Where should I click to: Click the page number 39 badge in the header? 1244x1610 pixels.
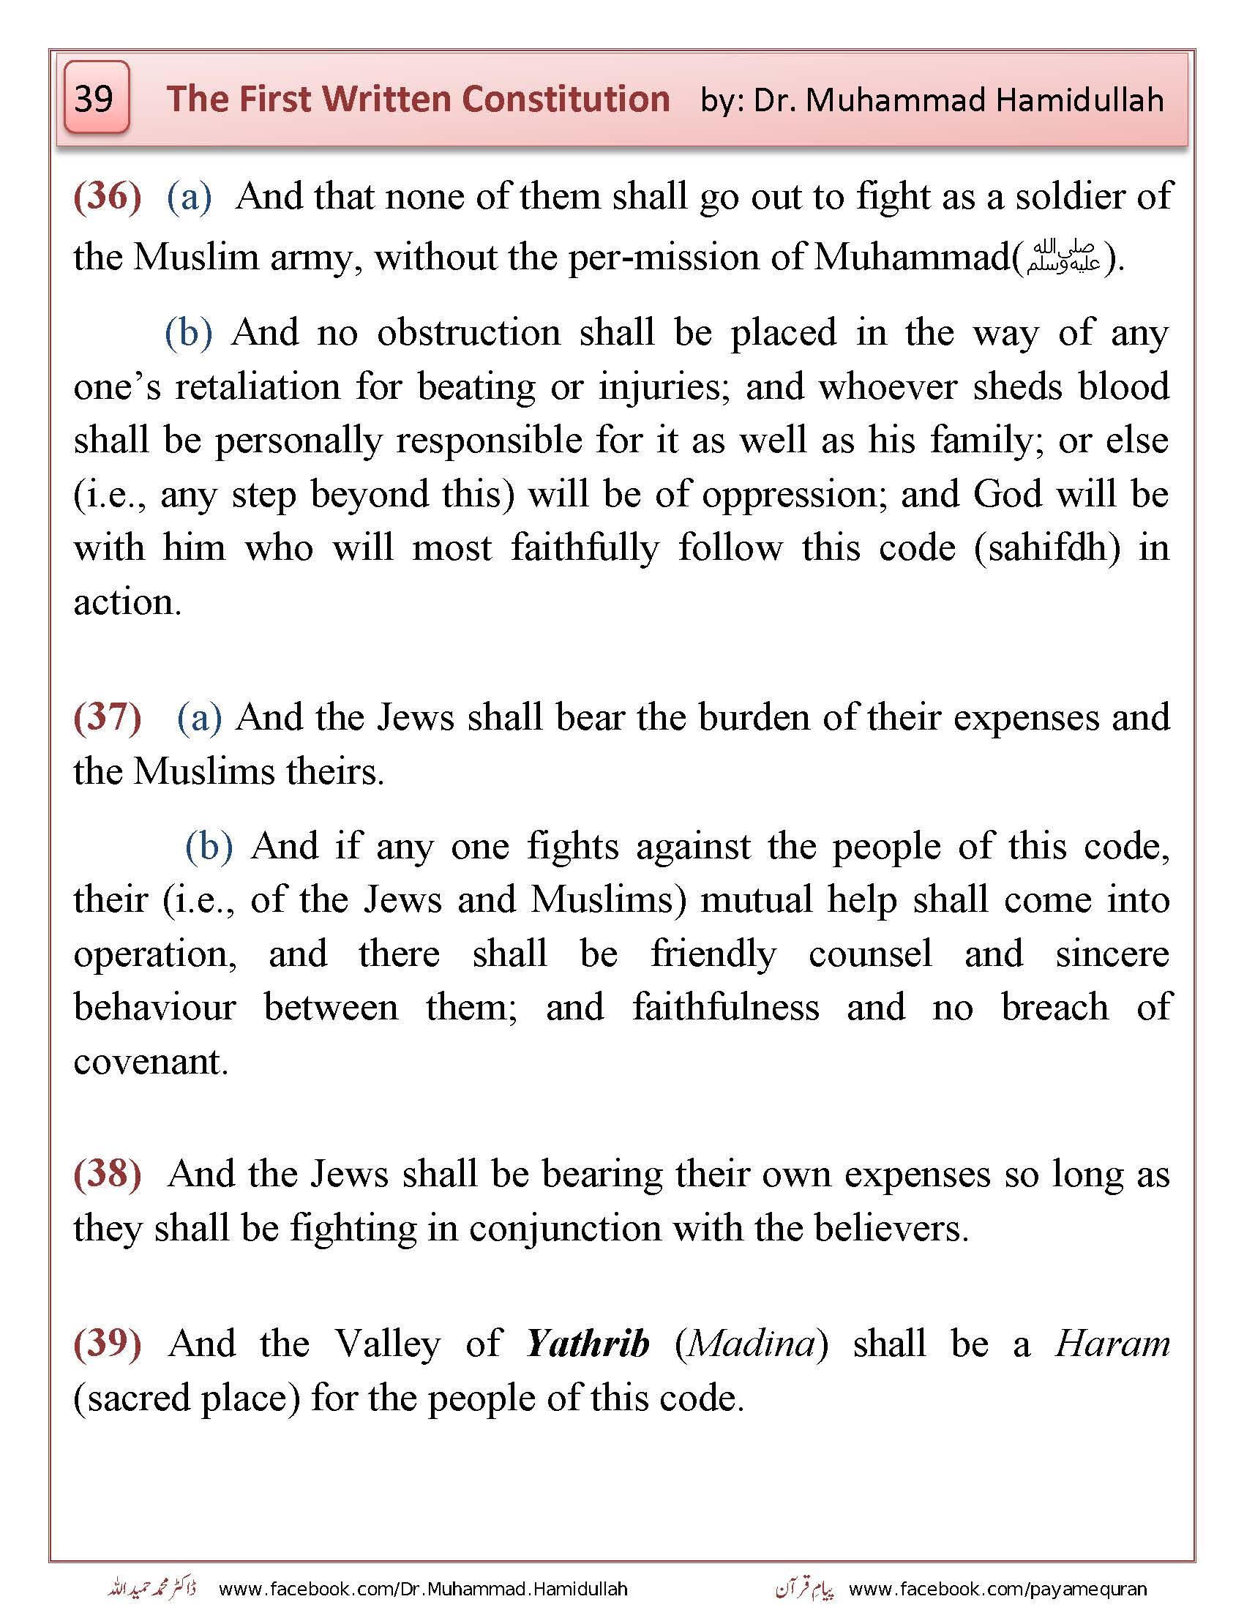96,98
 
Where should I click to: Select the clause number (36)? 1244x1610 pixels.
108,197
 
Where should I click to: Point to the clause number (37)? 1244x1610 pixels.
108,717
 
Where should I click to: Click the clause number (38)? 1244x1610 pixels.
108,1175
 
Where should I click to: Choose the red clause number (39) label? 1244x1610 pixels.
108,1344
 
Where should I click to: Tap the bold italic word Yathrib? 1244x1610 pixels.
588,1344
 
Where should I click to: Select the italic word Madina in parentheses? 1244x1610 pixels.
752,1344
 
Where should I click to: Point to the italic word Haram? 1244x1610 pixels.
1112,1344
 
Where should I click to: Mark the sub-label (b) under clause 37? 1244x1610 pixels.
209,846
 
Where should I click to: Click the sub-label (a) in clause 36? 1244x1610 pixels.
190,198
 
